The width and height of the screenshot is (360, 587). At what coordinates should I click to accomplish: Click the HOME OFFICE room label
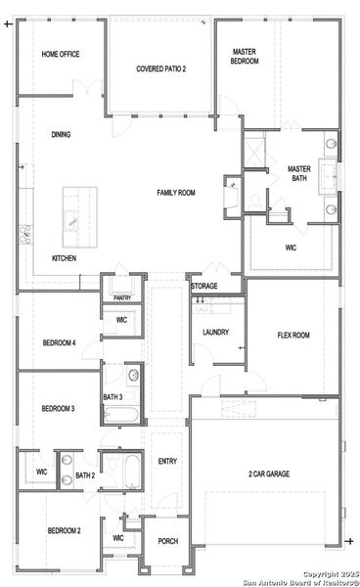pos(60,55)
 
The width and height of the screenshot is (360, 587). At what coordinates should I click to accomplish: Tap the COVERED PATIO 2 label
pos(160,68)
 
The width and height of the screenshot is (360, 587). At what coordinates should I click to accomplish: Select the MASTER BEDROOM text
pos(245,56)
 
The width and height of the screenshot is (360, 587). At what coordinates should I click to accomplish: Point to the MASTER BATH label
pos(298,173)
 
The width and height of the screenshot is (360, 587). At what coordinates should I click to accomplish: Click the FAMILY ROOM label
pos(176,193)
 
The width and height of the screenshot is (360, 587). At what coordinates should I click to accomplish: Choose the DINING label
pos(61,135)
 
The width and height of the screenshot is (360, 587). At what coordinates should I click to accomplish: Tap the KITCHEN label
pos(64,258)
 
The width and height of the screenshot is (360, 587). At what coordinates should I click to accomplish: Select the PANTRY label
pos(121,297)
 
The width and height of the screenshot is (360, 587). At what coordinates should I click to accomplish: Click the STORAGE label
pos(203,286)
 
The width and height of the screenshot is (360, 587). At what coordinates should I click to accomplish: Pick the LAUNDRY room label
pos(215,333)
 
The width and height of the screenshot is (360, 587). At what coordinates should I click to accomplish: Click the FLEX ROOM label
pos(293,336)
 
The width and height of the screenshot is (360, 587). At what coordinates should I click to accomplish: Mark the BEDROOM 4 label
pos(59,343)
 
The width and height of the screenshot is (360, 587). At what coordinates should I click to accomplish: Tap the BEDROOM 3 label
pos(58,408)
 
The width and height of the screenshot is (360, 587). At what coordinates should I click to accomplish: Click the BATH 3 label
pos(112,396)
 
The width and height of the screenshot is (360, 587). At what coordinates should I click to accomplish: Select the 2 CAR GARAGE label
pos(268,474)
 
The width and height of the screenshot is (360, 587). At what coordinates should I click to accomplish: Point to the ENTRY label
pos(167,462)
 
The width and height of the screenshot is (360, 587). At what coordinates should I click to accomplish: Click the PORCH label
pos(167,540)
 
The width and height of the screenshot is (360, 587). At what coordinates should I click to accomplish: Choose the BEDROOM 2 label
pos(64,530)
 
